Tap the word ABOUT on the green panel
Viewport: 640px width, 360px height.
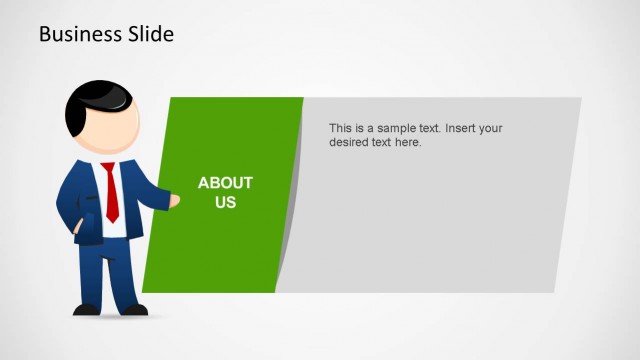(225, 183)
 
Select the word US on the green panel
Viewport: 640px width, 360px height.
(225, 202)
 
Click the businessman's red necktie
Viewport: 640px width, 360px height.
(111, 191)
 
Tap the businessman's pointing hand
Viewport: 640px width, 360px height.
(174, 201)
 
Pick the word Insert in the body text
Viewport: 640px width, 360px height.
(463, 129)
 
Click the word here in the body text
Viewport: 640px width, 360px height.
(408, 143)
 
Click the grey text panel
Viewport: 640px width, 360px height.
(430, 220)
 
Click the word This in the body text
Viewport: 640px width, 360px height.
(341, 129)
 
